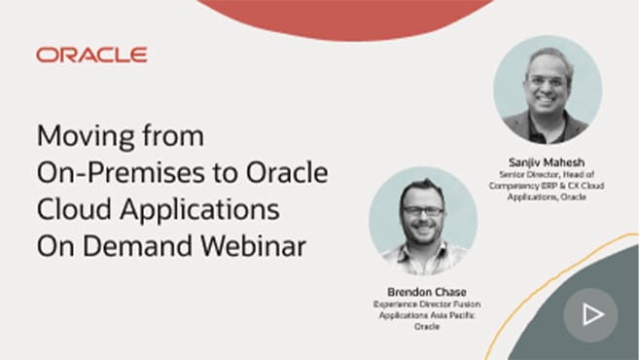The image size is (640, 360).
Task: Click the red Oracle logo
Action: coord(91,55)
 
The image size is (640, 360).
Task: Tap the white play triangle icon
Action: coord(592,314)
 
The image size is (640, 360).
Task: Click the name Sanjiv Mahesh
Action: coord(548,157)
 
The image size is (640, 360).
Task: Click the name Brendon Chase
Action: coord(424,291)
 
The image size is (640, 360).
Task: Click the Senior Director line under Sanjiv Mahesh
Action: coord(548,169)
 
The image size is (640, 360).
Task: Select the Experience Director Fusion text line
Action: coord(424,304)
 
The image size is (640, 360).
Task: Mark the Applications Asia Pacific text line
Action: coord(424,314)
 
